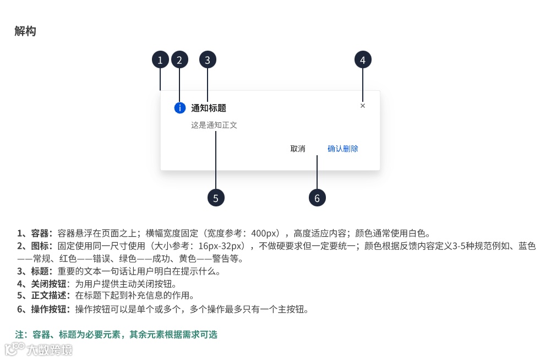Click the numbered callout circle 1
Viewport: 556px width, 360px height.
click(x=160, y=60)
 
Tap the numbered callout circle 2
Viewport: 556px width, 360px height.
click(x=180, y=60)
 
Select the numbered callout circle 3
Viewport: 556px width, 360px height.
click(x=208, y=60)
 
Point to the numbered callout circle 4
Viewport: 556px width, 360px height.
click(x=363, y=60)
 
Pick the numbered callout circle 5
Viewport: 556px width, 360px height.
click(x=216, y=198)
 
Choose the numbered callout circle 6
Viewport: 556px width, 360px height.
click(x=317, y=198)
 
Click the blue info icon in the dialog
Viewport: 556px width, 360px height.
click(x=179, y=108)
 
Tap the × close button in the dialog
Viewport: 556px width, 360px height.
click(x=363, y=106)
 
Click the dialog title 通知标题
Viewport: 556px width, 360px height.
click(x=209, y=108)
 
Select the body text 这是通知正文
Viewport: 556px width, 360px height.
click(x=214, y=126)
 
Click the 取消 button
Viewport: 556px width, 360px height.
click(x=298, y=149)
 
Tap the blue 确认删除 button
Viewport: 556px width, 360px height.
click(x=343, y=149)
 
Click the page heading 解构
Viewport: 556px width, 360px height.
click(x=25, y=31)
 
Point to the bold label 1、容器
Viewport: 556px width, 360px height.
click(x=35, y=233)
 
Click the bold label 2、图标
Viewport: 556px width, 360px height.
click(x=35, y=246)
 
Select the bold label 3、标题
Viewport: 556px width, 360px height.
click(x=35, y=271)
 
